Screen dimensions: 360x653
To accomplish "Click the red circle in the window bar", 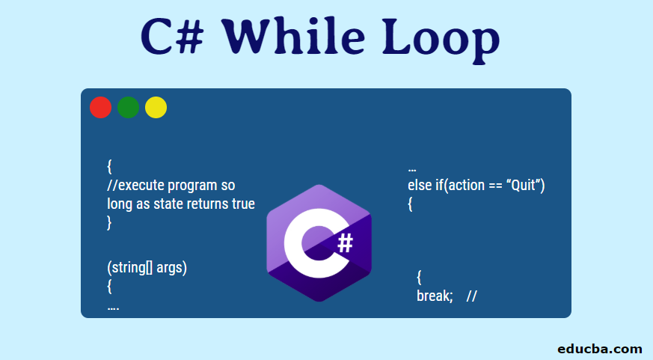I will (100, 108).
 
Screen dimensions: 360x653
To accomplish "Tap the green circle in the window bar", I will (128, 108).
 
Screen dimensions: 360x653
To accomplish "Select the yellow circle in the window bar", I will (156, 108).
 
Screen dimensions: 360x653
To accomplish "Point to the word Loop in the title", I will (441, 37).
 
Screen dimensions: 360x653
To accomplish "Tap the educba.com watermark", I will (600, 348).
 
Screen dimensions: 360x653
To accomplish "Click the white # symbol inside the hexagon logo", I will (345, 242).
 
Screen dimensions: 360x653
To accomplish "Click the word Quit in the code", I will (521, 186).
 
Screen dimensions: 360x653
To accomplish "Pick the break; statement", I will (435, 296).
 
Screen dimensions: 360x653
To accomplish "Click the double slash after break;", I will (471, 296).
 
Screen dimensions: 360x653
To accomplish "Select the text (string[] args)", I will (147, 268).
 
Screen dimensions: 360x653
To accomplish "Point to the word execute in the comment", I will (146, 185).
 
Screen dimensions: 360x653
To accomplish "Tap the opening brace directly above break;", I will (419, 278).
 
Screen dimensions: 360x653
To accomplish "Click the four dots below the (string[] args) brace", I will (113, 307).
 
